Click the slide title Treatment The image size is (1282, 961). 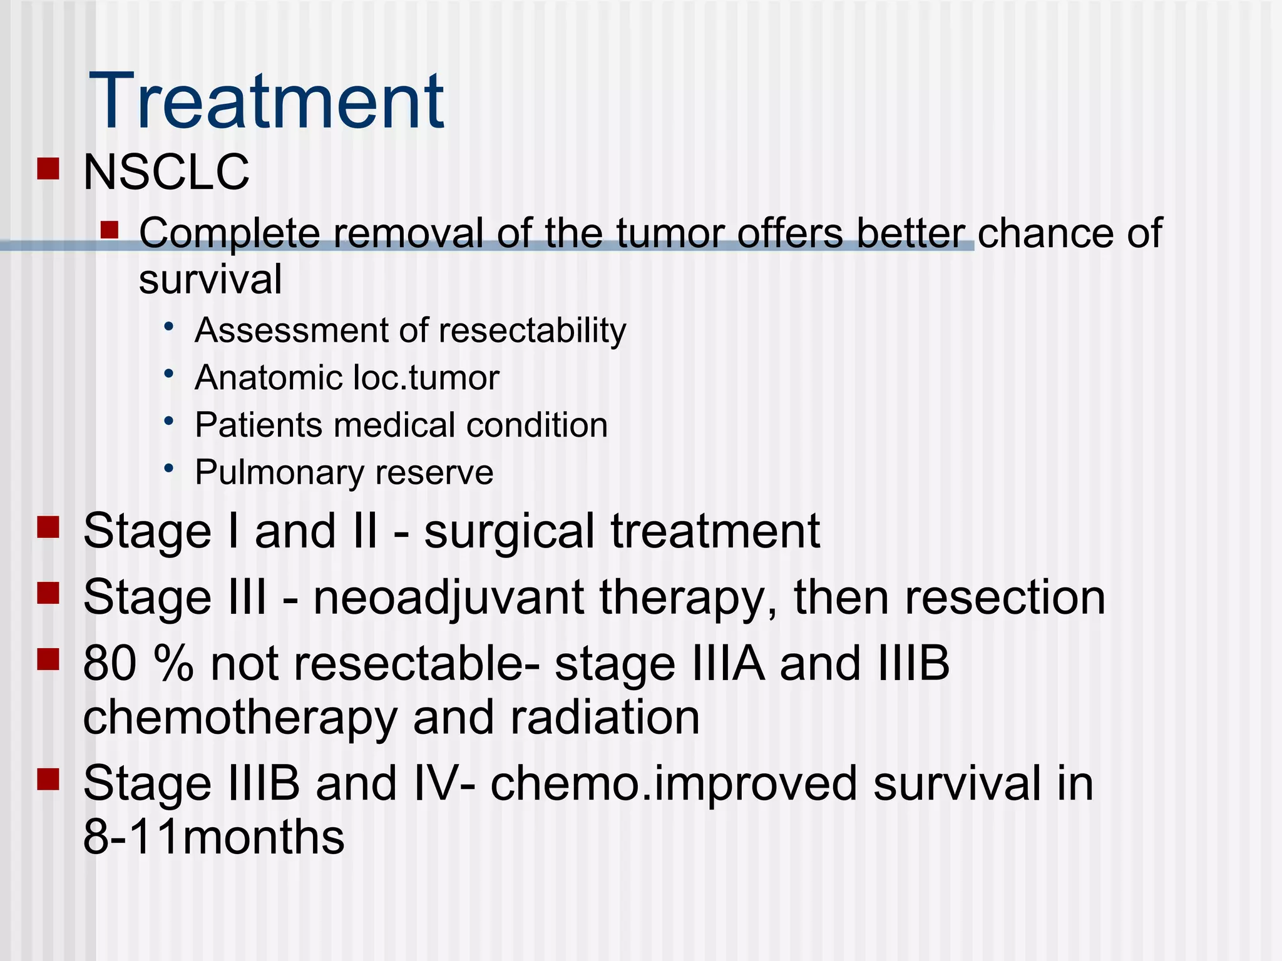tap(267, 101)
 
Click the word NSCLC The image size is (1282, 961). tap(166, 172)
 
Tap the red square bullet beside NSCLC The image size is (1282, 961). tap(48, 168)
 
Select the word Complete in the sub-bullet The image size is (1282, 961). tap(229, 233)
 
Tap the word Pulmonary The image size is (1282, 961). tap(279, 472)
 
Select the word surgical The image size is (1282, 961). tap(509, 531)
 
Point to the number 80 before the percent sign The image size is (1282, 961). tap(110, 663)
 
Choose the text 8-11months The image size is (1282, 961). tap(213, 836)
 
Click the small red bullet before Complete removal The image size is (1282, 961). tap(110, 230)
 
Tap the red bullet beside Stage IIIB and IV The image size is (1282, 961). tap(48, 779)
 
